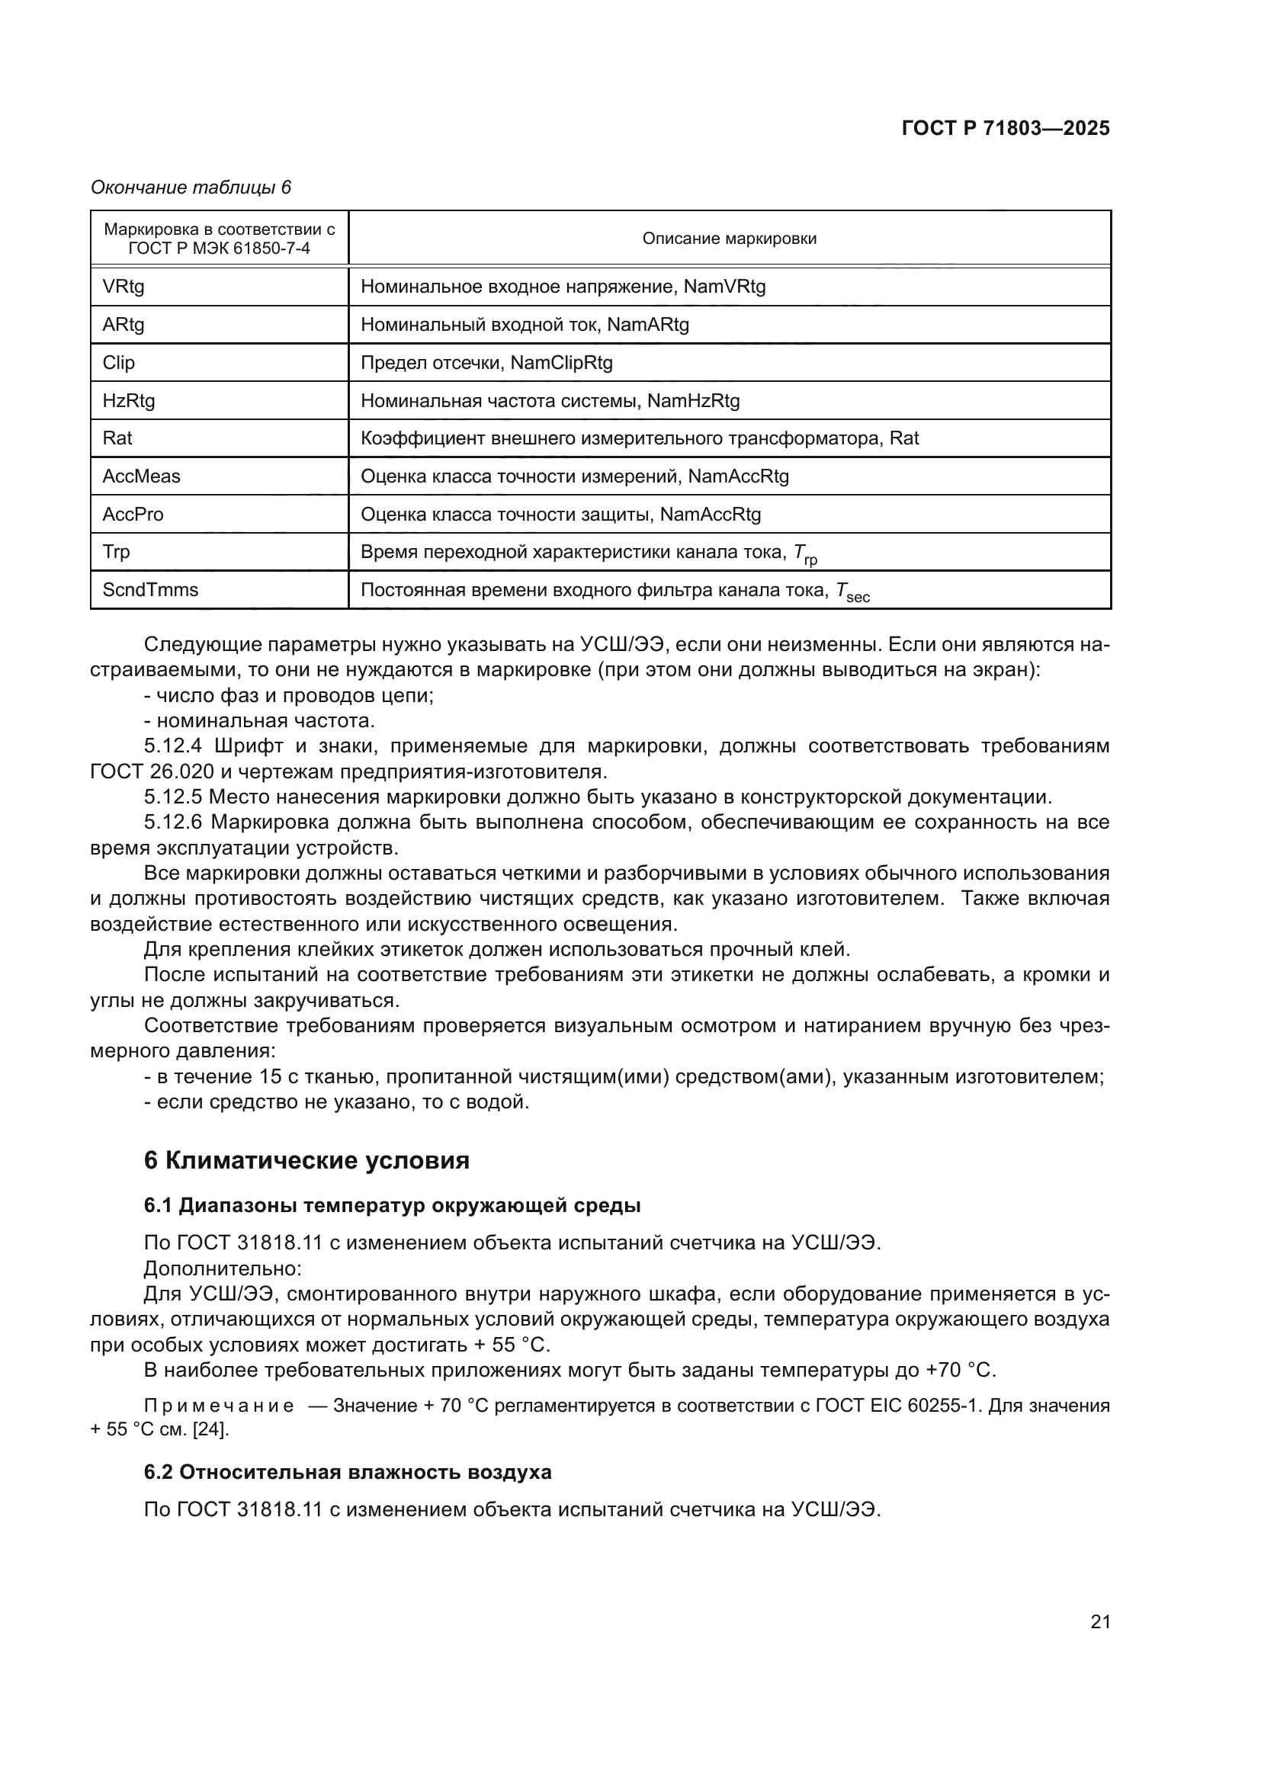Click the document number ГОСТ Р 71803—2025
click(x=1005, y=129)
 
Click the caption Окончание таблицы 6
click(x=191, y=188)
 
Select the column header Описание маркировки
click(x=728, y=239)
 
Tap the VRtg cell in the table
click(x=124, y=287)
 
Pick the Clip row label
click(x=119, y=363)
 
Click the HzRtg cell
click(x=129, y=401)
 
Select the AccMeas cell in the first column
click(x=141, y=476)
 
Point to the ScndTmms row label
click(x=150, y=590)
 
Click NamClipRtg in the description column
click(x=560, y=363)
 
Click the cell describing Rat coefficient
click(x=639, y=438)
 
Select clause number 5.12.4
click(x=172, y=746)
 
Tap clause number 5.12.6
click(x=172, y=823)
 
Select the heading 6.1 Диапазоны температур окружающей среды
click(x=392, y=1206)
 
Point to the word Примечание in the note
click(x=219, y=1406)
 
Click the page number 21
click(x=1099, y=1621)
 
